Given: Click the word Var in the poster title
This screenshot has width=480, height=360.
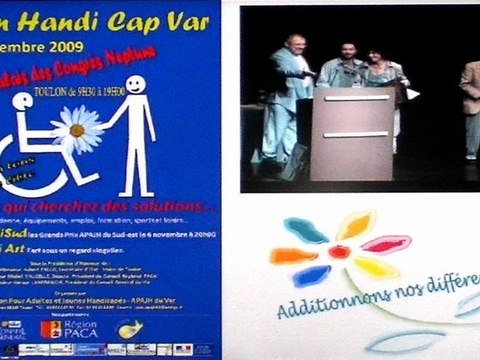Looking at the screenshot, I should pyautogui.click(x=195, y=13).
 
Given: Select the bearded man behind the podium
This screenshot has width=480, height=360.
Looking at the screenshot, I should pyautogui.click(x=344, y=70).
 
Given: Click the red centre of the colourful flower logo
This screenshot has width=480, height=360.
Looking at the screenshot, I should pyautogui.click(x=339, y=251).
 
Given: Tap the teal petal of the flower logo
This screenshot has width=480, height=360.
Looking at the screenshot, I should pyautogui.click(x=305, y=230).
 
